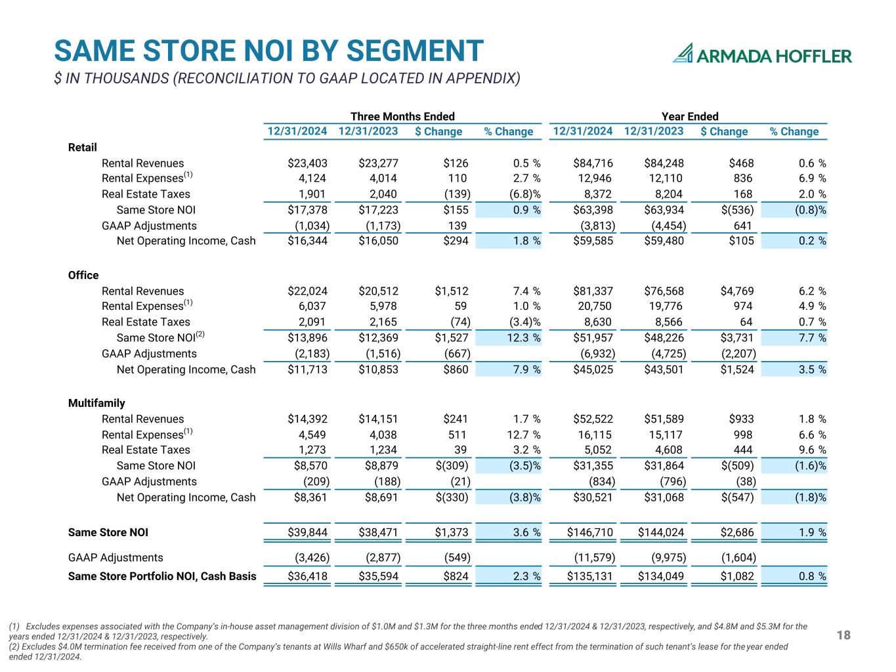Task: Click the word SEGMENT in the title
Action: point(415,51)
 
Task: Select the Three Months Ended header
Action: point(402,116)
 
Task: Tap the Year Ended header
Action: point(689,116)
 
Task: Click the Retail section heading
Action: point(83,147)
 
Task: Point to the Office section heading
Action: point(83,275)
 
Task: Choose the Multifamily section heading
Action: point(96,403)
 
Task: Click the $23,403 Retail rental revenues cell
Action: point(307,163)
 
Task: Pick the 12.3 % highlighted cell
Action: point(524,338)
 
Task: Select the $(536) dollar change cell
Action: point(737,210)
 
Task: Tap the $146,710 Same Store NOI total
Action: point(590,532)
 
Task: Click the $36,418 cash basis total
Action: point(307,576)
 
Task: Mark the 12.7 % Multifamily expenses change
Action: point(524,435)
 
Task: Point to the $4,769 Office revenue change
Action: point(737,291)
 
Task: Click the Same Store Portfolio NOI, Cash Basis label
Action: point(162,576)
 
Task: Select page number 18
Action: point(843,635)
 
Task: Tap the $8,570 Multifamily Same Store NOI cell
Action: point(310,465)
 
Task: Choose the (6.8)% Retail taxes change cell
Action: point(524,194)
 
